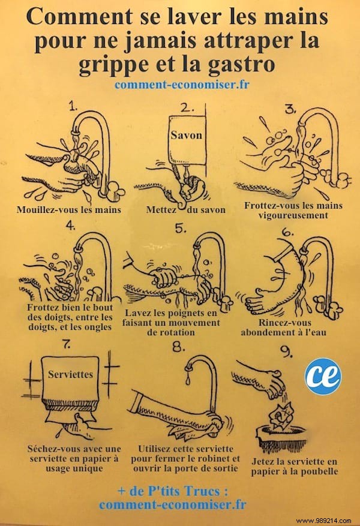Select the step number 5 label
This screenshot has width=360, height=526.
pyautogui.click(x=178, y=229)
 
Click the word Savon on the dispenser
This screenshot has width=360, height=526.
pyautogui.click(x=186, y=135)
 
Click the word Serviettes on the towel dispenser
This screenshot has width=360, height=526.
pyautogui.click(x=71, y=374)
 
